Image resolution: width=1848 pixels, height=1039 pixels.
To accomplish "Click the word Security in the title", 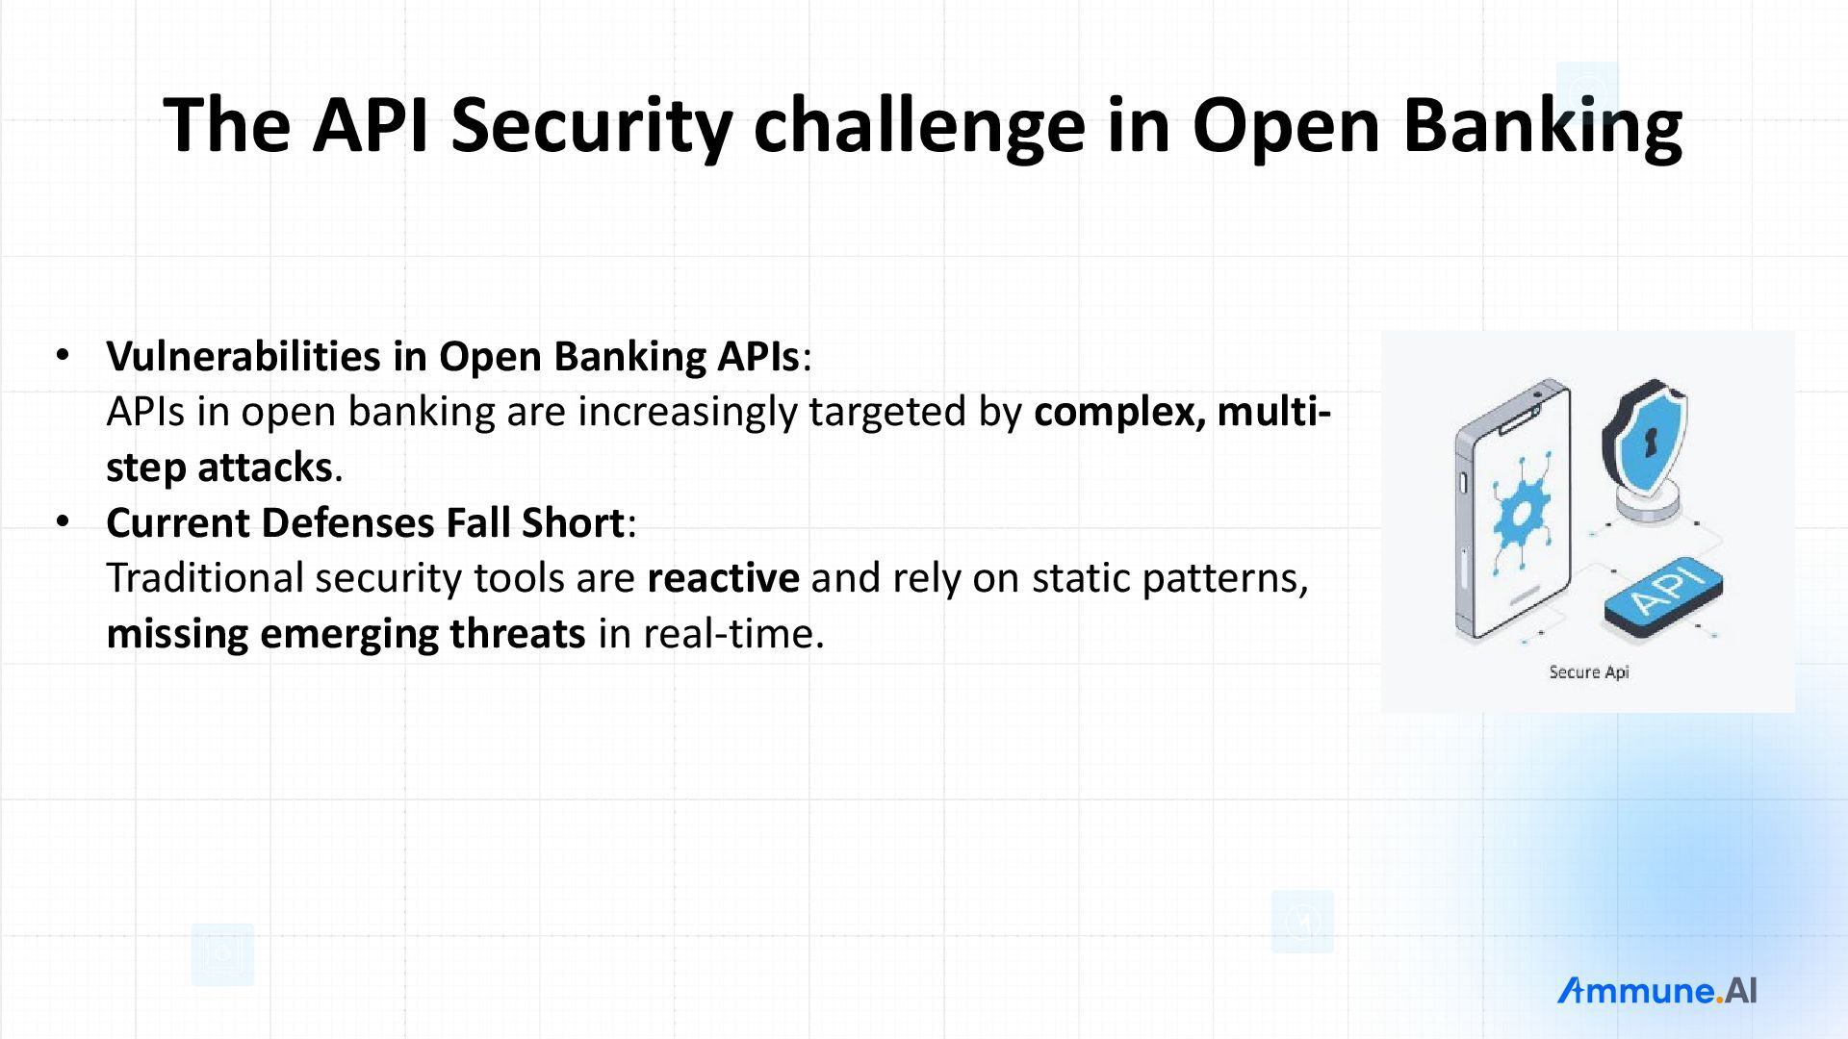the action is [591, 126].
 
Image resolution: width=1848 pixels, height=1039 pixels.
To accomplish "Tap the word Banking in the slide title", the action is [1543, 126].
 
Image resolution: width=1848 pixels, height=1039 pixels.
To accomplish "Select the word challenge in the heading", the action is [919, 126].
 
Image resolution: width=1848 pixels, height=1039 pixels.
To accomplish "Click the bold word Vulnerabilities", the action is [244, 356].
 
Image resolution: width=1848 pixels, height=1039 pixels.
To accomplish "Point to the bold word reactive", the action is [723, 578].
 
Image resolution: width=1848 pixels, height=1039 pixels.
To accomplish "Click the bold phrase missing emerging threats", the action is [346, 634].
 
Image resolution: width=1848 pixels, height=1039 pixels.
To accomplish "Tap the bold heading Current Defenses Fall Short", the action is [366, 522].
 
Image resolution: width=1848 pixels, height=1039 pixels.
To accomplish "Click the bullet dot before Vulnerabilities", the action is [64, 355].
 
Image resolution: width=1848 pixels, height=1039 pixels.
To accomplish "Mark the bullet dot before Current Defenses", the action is [64, 521].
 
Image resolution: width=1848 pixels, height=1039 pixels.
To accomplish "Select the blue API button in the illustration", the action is [1663, 596].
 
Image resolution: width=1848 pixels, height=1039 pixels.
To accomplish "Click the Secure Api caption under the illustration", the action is [1588, 672].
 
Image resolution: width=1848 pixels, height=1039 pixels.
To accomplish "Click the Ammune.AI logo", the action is [1656, 991].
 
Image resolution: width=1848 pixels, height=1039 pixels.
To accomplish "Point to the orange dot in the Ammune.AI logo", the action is [1719, 1000].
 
